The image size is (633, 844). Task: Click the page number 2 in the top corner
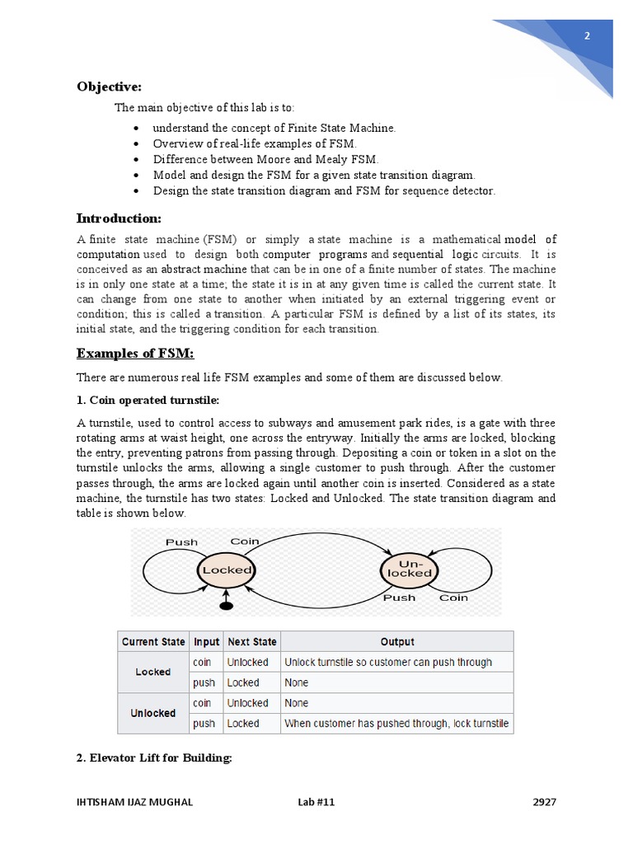point(586,35)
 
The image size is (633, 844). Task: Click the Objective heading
point(110,87)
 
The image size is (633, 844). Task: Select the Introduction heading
point(120,218)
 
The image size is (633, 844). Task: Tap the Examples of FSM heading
point(135,354)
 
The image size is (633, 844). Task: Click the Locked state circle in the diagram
point(227,570)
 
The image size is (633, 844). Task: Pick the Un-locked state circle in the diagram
point(410,569)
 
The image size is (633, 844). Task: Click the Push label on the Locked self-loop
point(181,542)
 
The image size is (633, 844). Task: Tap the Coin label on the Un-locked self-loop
point(453,598)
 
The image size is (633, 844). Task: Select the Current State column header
point(153,642)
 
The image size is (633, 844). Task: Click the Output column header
point(396,642)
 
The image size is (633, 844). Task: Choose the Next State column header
point(252,642)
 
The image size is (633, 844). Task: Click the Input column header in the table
point(206,642)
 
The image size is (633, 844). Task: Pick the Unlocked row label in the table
point(153,713)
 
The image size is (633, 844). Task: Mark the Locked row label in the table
point(153,672)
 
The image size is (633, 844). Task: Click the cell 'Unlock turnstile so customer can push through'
point(388,662)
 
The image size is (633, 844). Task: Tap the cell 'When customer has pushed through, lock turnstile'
point(396,724)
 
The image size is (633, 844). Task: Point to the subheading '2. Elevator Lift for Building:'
point(154,757)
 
